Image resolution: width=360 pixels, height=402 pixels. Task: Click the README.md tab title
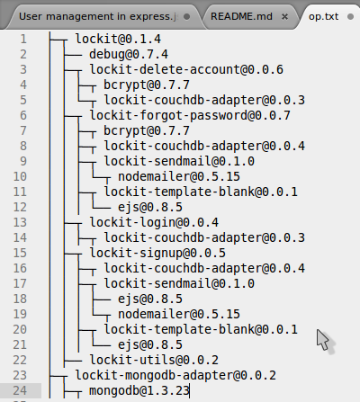click(x=241, y=16)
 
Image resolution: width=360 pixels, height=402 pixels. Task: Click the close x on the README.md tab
click(x=284, y=17)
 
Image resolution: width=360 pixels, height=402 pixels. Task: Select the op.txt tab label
click(x=323, y=16)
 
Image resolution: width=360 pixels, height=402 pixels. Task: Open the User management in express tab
click(x=98, y=16)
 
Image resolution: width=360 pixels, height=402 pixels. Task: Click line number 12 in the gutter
click(x=20, y=207)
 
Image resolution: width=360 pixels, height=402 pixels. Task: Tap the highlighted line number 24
click(x=20, y=390)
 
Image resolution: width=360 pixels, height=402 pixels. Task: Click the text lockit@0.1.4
click(x=118, y=39)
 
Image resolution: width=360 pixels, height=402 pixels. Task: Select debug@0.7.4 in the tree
click(x=129, y=54)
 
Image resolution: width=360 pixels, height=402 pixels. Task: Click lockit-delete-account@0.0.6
click(x=186, y=69)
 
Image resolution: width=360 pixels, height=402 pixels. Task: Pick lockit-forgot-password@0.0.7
click(x=190, y=115)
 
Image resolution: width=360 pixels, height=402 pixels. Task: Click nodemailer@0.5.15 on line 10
click(x=179, y=176)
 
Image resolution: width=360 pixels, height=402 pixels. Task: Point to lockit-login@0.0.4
click(x=154, y=222)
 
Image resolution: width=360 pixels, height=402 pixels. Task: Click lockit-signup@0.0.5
click(x=157, y=253)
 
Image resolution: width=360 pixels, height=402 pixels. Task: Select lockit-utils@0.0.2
click(x=154, y=360)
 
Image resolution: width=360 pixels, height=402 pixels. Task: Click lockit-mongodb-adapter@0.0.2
click(x=175, y=375)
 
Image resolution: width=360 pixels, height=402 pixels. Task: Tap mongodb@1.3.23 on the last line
click(x=139, y=390)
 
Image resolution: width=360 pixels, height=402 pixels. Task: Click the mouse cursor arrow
click(x=323, y=340)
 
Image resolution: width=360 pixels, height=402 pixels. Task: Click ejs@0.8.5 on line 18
click(x=150, y=299)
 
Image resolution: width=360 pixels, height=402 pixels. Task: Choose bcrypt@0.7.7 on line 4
click(x=147, y=85)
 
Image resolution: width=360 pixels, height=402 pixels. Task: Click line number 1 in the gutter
click(x=23, y=39)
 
